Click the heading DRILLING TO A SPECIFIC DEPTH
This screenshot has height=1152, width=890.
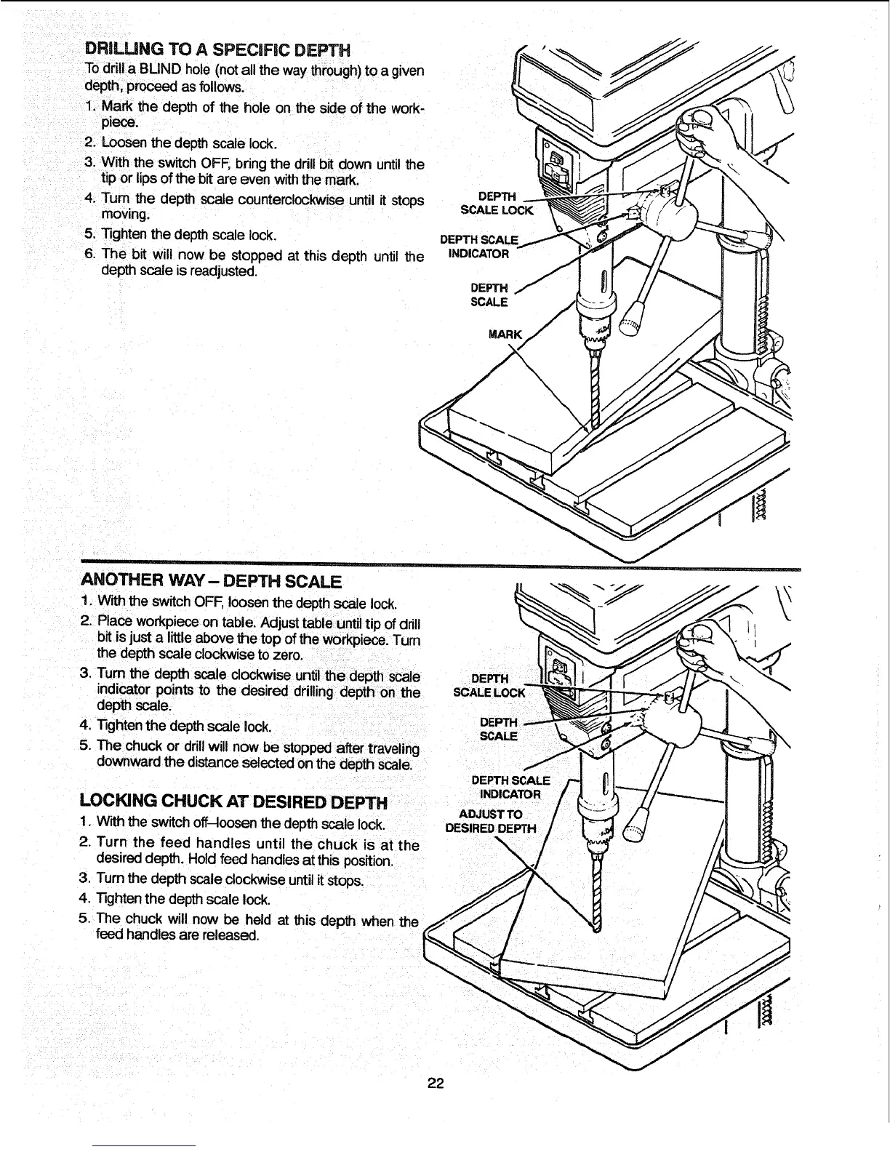218,50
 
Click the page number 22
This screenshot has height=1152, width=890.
436,1084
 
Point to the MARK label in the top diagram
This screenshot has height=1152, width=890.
505,335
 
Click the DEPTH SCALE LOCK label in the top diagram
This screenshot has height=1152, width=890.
497,204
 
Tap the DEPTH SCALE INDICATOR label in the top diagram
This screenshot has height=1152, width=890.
480,247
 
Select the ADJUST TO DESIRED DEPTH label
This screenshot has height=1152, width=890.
490,821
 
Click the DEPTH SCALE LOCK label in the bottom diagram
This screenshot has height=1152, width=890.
489,686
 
